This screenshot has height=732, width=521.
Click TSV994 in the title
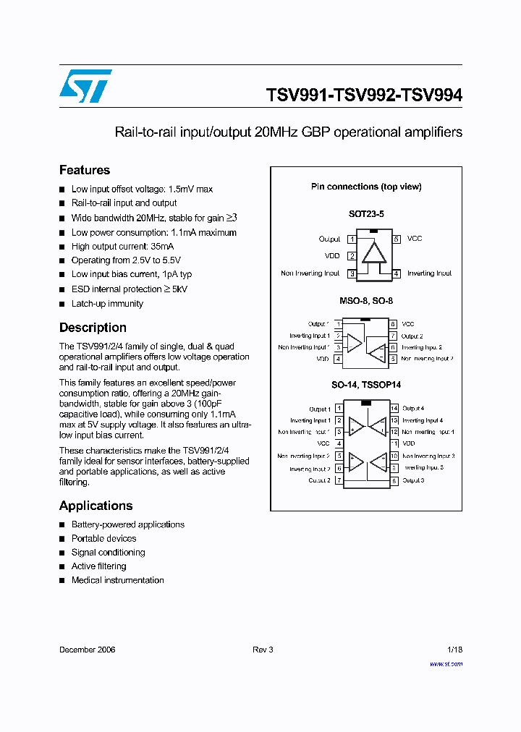click(432, 95)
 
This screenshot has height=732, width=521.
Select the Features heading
click(85, 170)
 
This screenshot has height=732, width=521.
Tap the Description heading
click(93, 328)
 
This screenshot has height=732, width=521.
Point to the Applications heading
click(96, 506)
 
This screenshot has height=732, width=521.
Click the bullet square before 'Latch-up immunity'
click(62, 304)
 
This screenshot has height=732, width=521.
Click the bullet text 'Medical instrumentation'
click(117, 580)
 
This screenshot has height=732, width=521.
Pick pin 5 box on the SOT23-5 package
click(397, 239)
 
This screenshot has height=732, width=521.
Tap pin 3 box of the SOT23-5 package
click(352, 273)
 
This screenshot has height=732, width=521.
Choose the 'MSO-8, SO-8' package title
click(365, 300)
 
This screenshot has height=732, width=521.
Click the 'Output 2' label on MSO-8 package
click(412, 336)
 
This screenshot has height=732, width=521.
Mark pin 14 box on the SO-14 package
click(394, 409)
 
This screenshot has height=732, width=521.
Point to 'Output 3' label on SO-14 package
click(413, 480)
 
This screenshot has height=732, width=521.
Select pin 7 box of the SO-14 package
click(339, 480)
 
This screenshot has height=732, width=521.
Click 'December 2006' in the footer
click(87, 650)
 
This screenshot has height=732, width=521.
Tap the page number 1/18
click(454, 650)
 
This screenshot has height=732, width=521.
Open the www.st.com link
click(446, 663)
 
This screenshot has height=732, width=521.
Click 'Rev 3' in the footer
click(263, 650)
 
